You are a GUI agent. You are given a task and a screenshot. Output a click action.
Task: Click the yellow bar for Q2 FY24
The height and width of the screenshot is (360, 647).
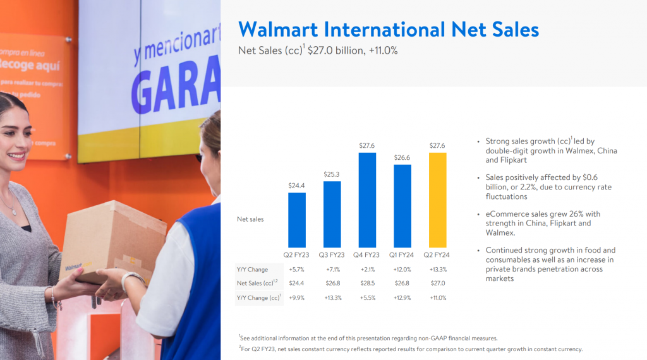(x=437, y=200)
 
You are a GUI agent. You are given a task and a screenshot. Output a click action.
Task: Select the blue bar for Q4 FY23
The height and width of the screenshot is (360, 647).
(x=367, y=200)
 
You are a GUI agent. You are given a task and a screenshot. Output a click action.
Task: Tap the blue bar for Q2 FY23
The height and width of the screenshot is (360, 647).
(x=297, y=220)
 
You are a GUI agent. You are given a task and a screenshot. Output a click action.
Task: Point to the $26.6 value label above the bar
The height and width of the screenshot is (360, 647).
(x=402, y=157)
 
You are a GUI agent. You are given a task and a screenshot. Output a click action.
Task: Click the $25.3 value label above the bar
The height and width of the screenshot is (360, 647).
(x=332, y=174)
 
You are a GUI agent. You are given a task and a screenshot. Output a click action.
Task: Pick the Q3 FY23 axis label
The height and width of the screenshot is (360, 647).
(x=331, y=255)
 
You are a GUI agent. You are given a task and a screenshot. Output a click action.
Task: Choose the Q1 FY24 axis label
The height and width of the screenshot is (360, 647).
(x=401, y=255)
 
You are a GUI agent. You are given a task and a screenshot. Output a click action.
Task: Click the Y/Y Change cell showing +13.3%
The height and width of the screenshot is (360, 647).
(x=438, y=269)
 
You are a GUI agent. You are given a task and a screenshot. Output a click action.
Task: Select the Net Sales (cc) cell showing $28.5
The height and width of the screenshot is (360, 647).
(x=367, y=284)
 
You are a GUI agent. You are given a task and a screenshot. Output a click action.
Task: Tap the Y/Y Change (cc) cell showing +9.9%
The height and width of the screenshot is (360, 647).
(x=297, y=297)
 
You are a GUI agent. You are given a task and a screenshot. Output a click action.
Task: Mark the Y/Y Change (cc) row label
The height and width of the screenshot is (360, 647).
(x=258, y=297)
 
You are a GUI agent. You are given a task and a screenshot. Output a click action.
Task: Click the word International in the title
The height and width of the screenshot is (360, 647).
(x=385, y=30)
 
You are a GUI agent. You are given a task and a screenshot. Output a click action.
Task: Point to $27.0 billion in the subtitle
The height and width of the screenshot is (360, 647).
(x=336, y=51)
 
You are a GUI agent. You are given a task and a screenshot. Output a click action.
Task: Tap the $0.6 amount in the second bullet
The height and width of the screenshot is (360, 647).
(x=590, y=177)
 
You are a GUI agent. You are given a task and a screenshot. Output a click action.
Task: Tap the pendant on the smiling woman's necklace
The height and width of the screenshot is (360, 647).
(x=15, y=212)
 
